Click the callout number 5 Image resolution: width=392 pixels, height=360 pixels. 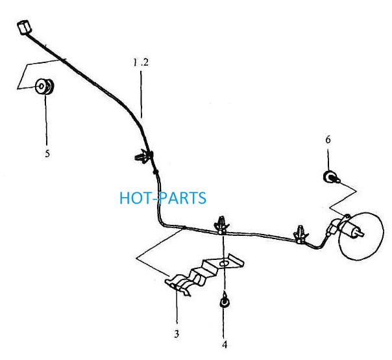click(47, 153)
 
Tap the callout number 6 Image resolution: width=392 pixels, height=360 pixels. click(328, 140)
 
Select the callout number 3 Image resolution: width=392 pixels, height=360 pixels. click(177, 334)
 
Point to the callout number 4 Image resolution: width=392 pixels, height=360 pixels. click(225, 344)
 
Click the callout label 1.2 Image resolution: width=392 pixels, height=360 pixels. click(140, 62)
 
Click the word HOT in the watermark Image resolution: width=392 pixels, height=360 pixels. click(135, 198)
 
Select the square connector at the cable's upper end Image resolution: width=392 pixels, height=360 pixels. click(24, 27)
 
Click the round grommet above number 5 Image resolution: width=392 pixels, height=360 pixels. click(45, 86)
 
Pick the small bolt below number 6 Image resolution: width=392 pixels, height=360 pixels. click(331, 177)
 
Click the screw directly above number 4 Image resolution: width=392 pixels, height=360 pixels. click(225, 300)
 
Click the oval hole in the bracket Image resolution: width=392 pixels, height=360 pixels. click(224, 264)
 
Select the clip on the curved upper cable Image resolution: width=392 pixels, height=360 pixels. click(143, 157)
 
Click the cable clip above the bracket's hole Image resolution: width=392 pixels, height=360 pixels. click(222, 225)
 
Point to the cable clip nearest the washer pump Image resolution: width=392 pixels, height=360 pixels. click(301, 235)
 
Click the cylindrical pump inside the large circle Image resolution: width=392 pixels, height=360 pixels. click(344, 227)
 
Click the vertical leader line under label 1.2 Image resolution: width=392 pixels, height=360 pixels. click(141, 94)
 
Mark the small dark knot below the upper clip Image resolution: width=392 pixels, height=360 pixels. click(156, 172)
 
